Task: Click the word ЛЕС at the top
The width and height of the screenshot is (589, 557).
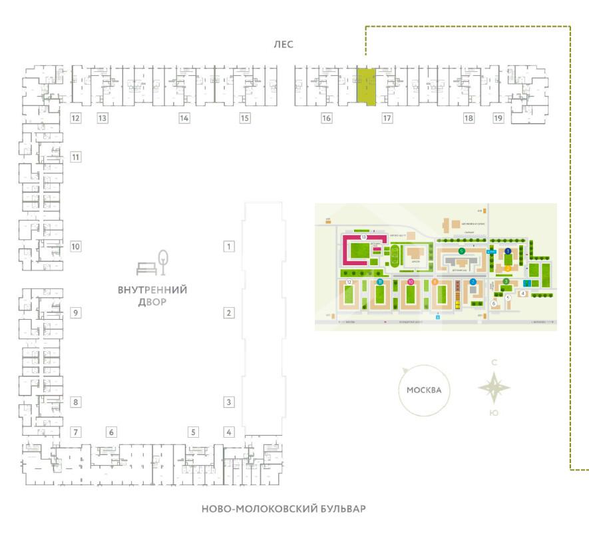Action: point(283,45)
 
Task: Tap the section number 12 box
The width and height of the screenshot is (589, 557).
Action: point(76,119)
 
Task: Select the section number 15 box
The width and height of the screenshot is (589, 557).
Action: point(245,119)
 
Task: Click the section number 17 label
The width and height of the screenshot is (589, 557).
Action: point(387,119)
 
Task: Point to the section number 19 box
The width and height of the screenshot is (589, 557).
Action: point(498,119)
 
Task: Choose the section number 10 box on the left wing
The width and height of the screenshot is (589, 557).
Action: point(76,247)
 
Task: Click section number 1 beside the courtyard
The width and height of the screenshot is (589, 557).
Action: point(229,247)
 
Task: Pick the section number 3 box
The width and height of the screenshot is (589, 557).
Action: point(229,402)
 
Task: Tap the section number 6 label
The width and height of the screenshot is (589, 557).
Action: point(112,432)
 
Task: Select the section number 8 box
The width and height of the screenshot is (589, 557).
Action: point(76,402)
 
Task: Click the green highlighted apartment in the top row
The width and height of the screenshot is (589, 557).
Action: point(366,86)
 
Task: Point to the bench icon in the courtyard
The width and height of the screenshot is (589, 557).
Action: point(146,269)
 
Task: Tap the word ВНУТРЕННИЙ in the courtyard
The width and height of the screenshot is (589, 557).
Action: point(152,290)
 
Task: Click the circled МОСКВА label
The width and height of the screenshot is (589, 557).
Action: point(425,390)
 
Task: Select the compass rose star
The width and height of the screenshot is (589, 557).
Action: point(494,388)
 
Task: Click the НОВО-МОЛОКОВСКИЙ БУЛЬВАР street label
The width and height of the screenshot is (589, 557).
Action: point(284,509)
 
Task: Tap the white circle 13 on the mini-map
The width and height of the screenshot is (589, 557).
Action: point(363,237)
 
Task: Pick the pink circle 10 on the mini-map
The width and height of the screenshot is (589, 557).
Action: point(411,282)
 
